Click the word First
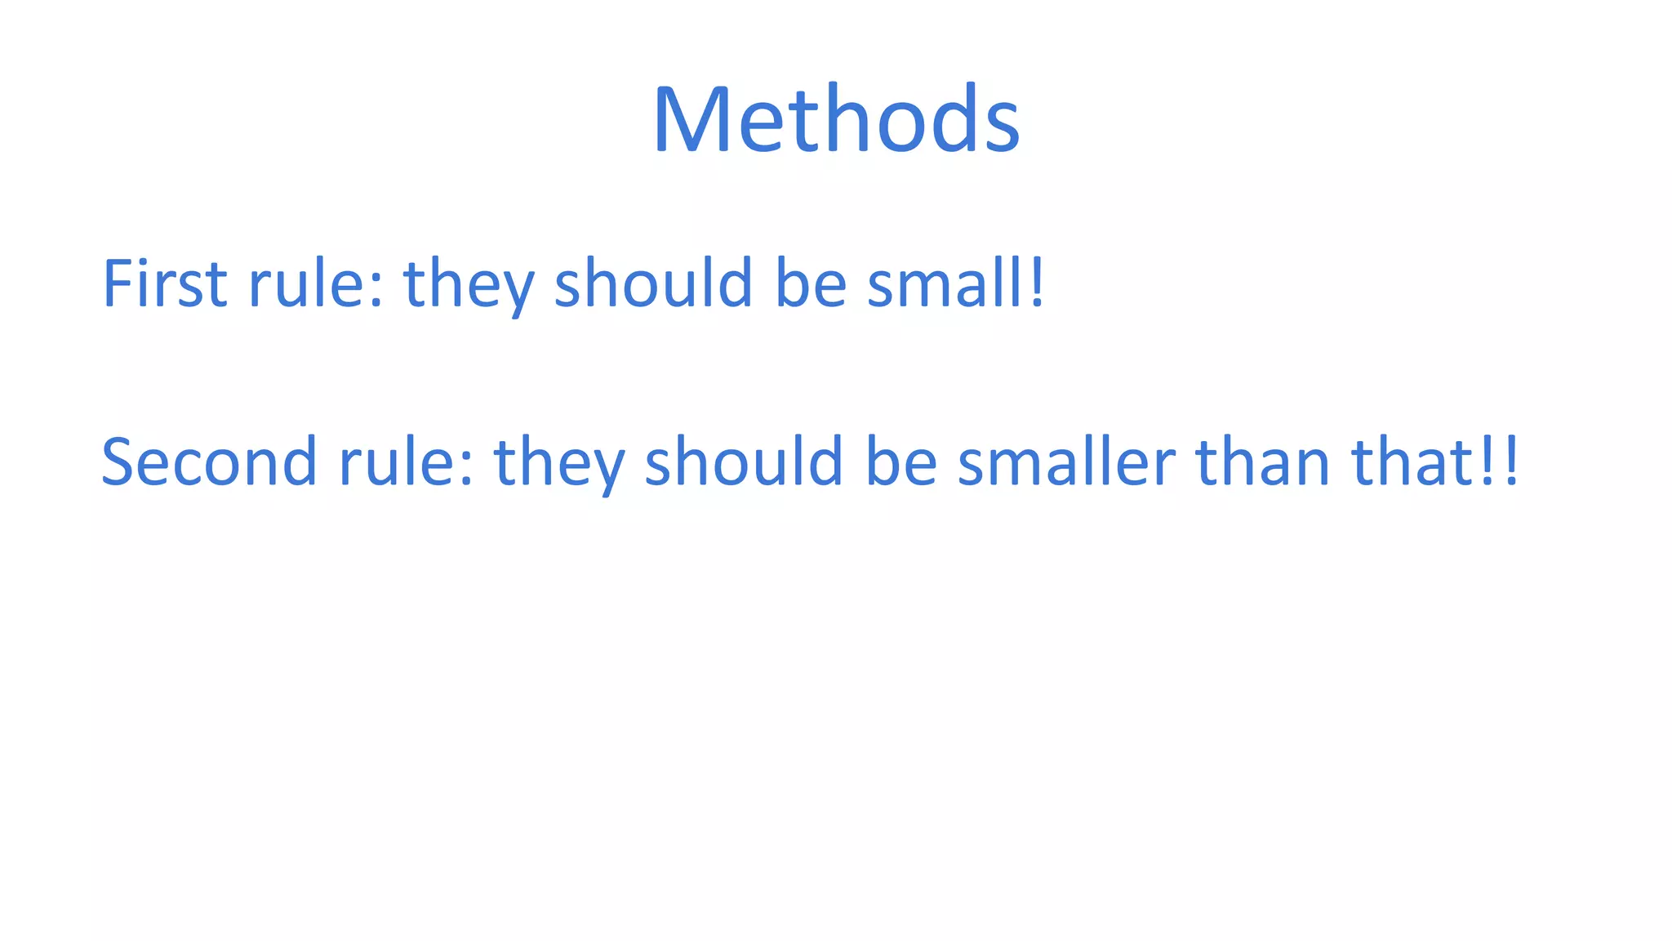tap(164, 283)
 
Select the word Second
tap(209, 462)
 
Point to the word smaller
tap(1066, 462)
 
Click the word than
tap(1262, 462)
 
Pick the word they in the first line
tap(469, 286)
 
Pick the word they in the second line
tap(559, 465)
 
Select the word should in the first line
tap(653, 283)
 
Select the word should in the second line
tap(744, 462)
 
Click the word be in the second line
tap(900, 462)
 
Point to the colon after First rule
tap(376, 291)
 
